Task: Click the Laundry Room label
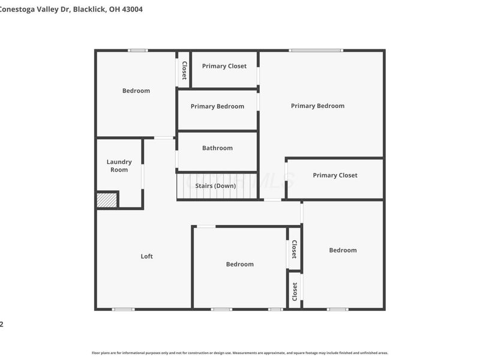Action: [x=119, y=166]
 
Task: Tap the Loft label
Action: [x=147, y=256]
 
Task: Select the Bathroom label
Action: [x=217, y=148]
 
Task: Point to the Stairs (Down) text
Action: [x=215, y=186]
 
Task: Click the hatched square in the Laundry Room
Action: [x=107, y=200]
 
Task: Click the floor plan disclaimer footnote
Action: [x=240, y=353]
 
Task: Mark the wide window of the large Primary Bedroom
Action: [x=316, y=50]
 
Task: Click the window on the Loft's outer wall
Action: [x=124, y=309]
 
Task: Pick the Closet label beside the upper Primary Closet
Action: [x=184, y=70]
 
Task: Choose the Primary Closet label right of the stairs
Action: [x=335, y=175]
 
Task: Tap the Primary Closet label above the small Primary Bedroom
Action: [x=224, y=66]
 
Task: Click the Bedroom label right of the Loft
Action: [x=239, y=264]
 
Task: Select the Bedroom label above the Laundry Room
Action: [x=136, y=91]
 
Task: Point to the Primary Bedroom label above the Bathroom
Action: [x=217, y=106]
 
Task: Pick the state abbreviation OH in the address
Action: [x=115, y=10]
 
